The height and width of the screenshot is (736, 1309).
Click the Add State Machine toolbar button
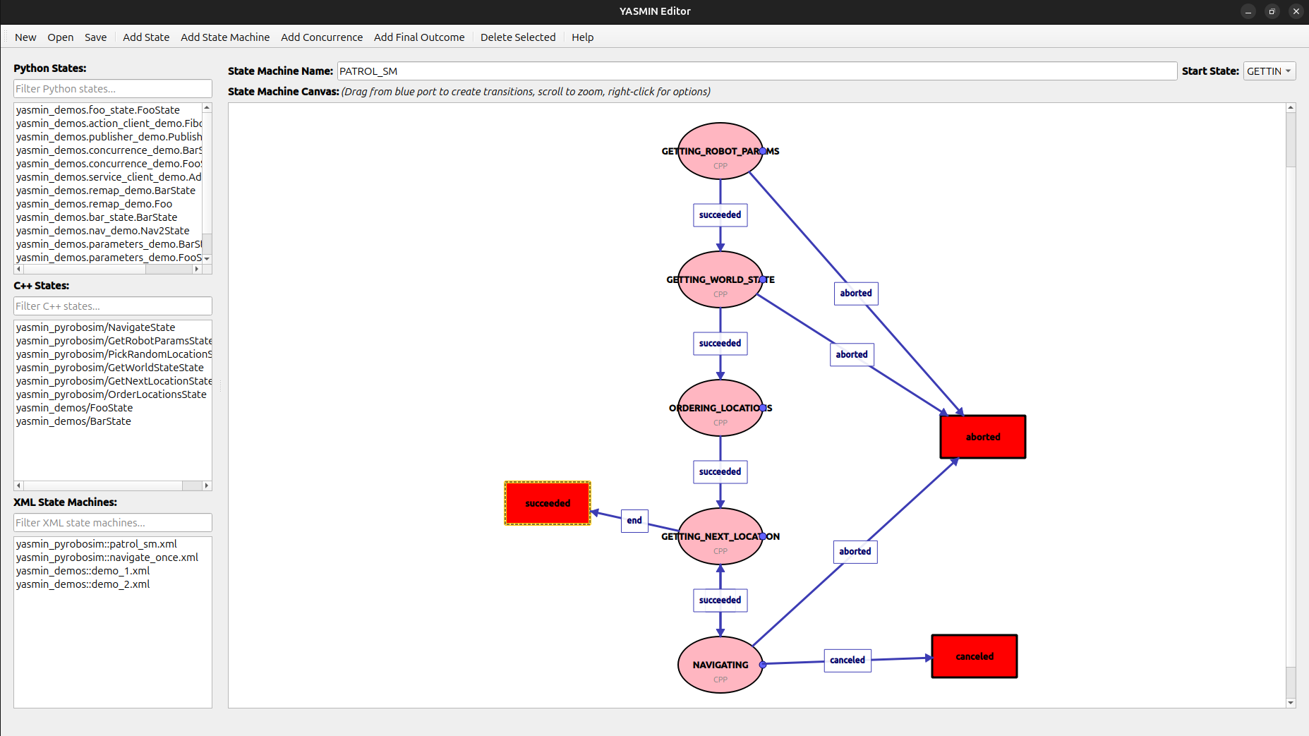224,37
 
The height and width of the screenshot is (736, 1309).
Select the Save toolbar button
95,37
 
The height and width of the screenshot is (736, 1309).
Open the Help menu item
582,37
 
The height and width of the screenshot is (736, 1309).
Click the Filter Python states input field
112,89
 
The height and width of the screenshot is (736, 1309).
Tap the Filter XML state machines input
112,523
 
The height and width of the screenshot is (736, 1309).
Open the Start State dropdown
1268,71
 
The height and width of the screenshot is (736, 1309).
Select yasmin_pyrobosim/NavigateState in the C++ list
95,327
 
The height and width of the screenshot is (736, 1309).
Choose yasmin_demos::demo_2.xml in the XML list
83,584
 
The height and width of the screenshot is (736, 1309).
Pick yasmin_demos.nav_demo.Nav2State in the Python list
102,231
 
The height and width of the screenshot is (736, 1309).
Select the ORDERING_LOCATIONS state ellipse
720,420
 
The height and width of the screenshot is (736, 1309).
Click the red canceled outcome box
974,656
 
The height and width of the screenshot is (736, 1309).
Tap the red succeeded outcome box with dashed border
548,503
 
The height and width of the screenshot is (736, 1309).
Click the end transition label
634,521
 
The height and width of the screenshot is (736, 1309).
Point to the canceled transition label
847,660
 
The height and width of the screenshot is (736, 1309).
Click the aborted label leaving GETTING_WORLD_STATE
851,354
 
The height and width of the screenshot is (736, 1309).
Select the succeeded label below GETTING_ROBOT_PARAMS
720,215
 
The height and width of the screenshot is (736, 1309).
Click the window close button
1296,11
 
